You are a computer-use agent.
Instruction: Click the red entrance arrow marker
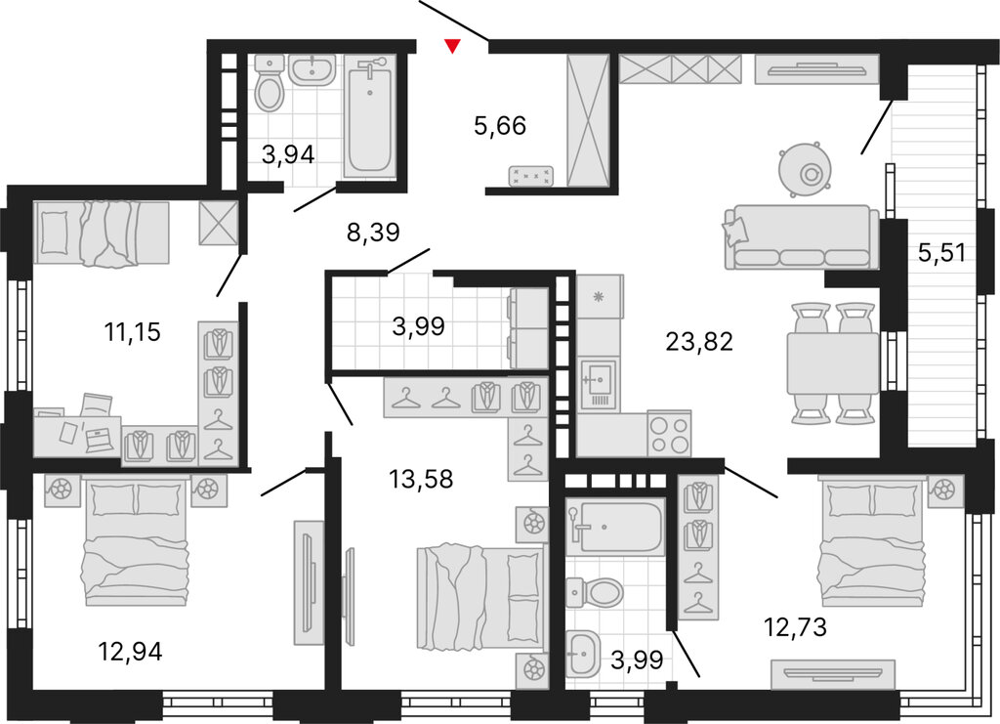pyautogui.click(x=452, y=46)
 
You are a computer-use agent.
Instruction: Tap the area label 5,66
pyautogui.click(x=500, y=126)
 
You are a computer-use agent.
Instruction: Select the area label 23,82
pyautogui.click(x=699, y=343)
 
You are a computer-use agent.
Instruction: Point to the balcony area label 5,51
pyautogui.click(x=941, y=253)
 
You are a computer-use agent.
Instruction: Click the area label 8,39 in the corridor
pyautogui.click(x=373, y=233)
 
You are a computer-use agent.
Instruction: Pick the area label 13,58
pyautogui.click(x=421, y=479)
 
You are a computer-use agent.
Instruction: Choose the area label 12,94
pyautogui.click(x=130, y=652)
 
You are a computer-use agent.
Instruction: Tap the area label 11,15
pyautogui.click(x=133, y=332)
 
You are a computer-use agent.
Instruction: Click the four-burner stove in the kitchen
pyautogui.click(x=669, y=434)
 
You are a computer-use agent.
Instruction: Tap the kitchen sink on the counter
pyautogui.click(x=598, y=384)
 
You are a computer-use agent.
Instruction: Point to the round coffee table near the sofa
pyautogui.click(x=806, y=169)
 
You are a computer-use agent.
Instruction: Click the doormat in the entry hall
pyautogui.click(x=531, y=176)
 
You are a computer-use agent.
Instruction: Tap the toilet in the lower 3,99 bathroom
pyautogui.click(x=593, y=593)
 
